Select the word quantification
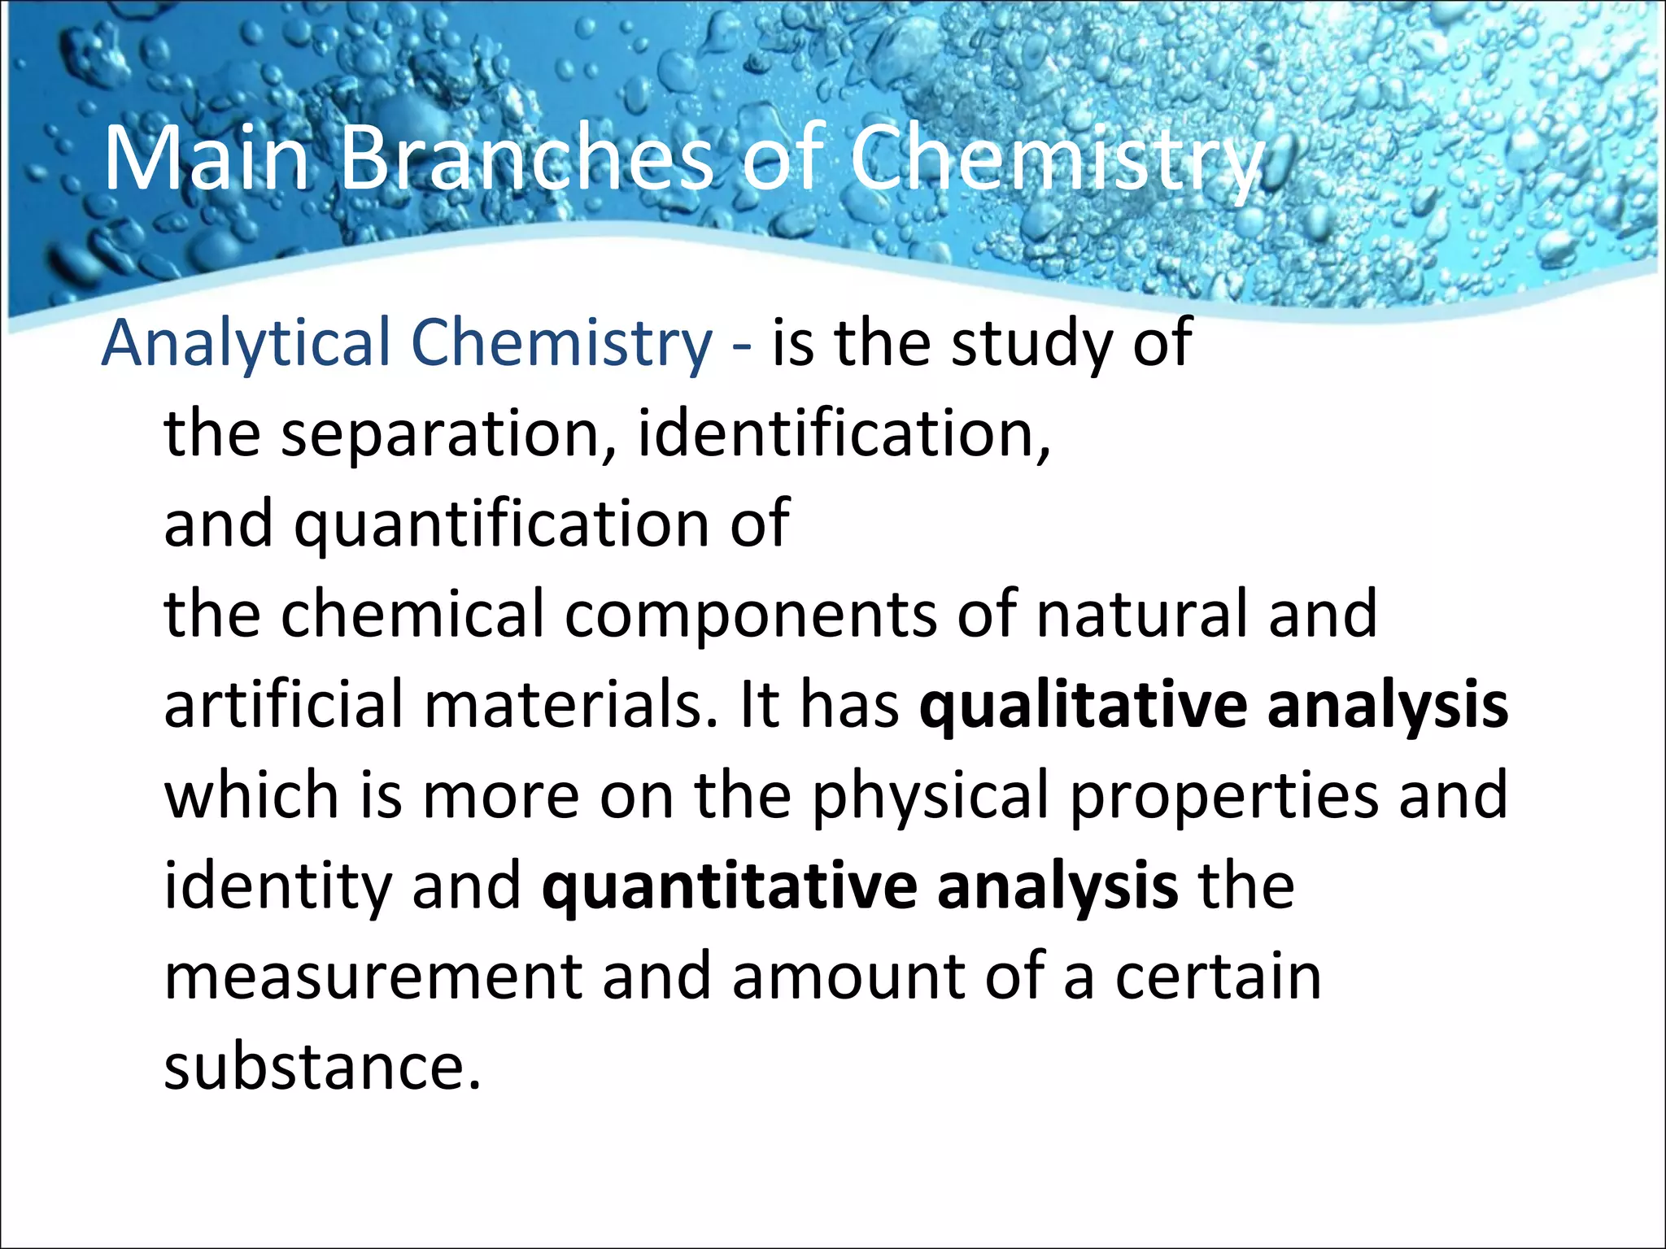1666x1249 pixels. point(501,524)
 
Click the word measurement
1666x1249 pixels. point(373,977)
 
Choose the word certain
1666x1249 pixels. point(1218,977)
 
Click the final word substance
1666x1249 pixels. point(322,1067)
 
